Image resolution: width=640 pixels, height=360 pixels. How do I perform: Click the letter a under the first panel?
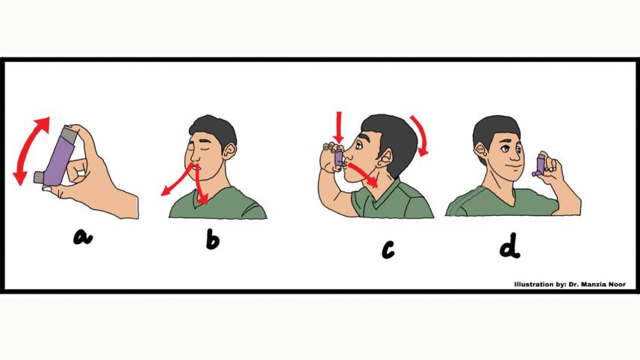tap(82, 238)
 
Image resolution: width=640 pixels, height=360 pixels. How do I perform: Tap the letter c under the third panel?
tap(387, 249)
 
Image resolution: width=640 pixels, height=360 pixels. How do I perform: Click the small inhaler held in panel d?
tap(540, 164)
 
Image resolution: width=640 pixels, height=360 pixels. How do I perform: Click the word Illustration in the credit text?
tap(533, 285)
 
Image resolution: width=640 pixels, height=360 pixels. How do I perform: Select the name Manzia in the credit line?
tap(593, 285)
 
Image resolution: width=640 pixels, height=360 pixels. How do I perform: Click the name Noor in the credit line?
tap(617, 285)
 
